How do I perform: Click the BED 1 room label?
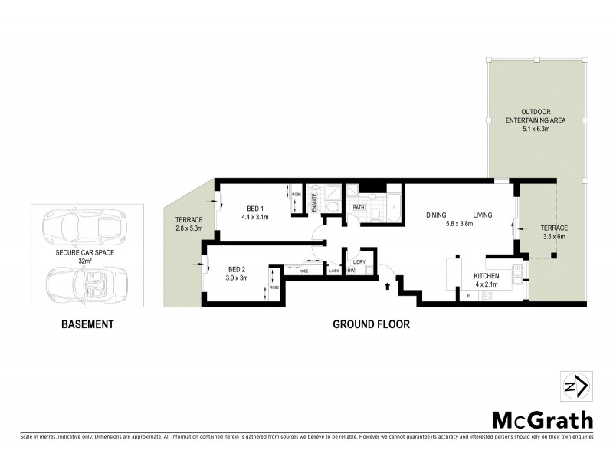click(255, 209)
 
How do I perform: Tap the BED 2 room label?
click(237, 268)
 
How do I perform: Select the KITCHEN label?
click(487, 276)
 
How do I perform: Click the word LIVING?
click(482, 215)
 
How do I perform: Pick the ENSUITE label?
click(315, 203)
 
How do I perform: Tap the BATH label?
click(358, 208)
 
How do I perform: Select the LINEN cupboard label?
click(334, 271)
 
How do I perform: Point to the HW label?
click(351, 271)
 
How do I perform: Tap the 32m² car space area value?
click(86, 261)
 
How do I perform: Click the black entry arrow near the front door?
click(388, 286)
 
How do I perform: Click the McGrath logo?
click(542, 419)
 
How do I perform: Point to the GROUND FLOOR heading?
click(371, 324)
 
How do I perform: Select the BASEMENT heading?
click(87, 324)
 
